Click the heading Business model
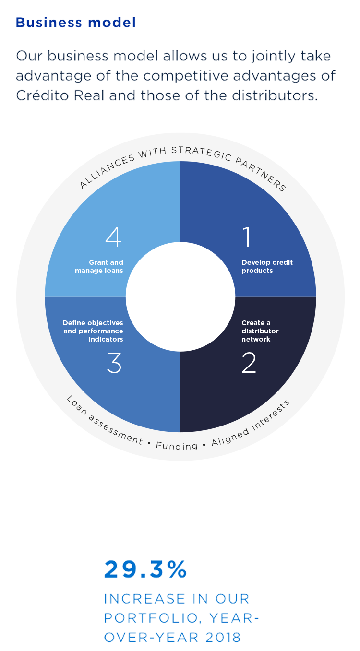75,23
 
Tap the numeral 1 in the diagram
247,237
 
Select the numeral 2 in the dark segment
249,363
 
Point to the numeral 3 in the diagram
114,363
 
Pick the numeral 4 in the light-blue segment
113,237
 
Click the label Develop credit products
267,267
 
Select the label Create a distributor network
260,331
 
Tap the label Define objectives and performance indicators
93,331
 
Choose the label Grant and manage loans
99,267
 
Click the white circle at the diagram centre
180,296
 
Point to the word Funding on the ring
177,446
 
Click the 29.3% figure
145,570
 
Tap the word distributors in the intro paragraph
281,95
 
